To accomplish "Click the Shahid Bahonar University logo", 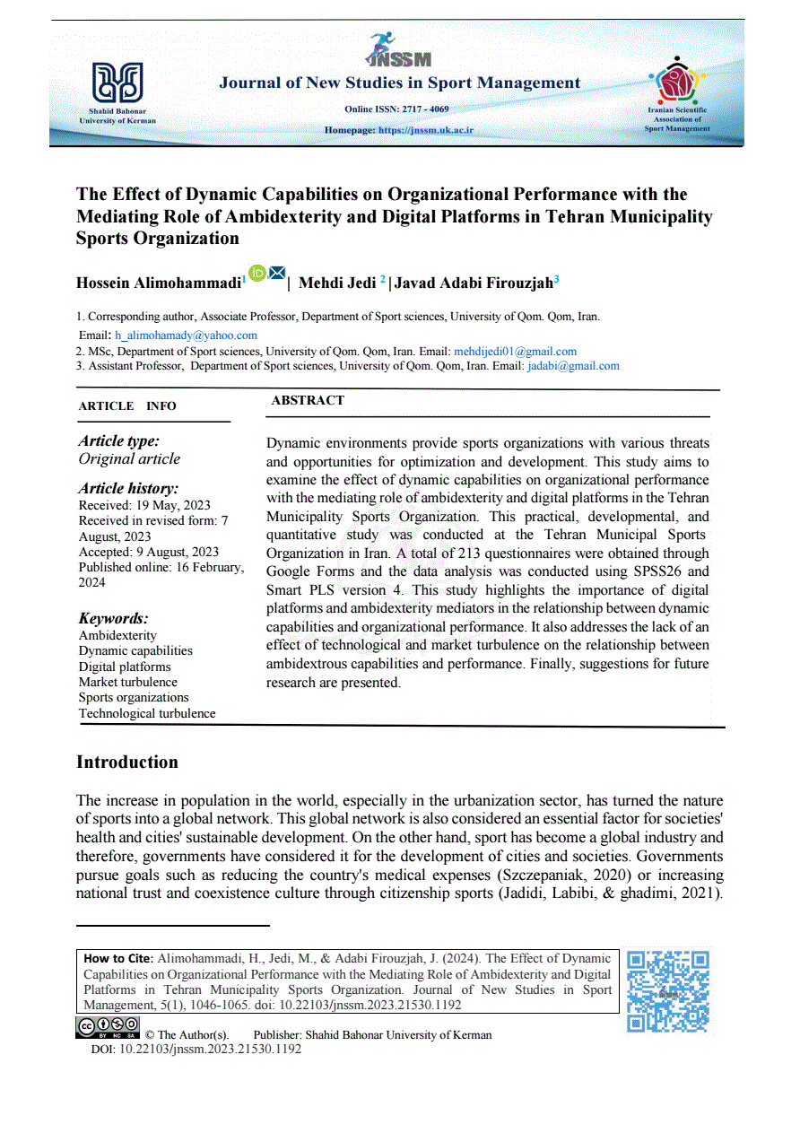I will pyautogui.click(x=117, y=82).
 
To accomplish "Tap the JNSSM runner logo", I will pyautogui.click(x=398, y=50).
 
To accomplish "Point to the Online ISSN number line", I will pyautogui.click(x=396, y=109).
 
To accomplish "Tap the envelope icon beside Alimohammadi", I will pyautogui.click(x=276, y=273).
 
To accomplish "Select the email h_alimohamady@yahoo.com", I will pyautogui.click(x=186, y=336).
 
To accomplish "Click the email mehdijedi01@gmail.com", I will pyautogui.click(x=515, y=352).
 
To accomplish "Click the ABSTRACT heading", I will pyautogui.click(x=308, y=401).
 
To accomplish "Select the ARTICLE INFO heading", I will pyautogui.click(x=127, y=406).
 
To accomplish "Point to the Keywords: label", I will pyautogui.click(x=113, y=618).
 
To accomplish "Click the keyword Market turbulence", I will pyautogui.click(x=128, y=682).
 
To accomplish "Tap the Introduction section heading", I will pyautogui.click(x=127, y=763).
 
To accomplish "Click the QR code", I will pyautogui.click(x=668, y=991).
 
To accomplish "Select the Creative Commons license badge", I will pyautogui.click(x=108, y=1026).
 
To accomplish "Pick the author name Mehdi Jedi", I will pyautogui.click(x=337, y=283).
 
